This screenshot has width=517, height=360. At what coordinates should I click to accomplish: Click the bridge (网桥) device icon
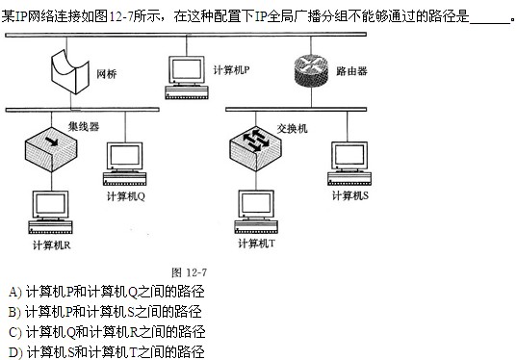pos(69,70)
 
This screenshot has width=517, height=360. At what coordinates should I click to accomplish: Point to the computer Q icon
pos(125,166)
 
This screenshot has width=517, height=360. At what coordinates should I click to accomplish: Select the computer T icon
pos(256,214)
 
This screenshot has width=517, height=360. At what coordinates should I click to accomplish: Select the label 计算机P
pos(231,70)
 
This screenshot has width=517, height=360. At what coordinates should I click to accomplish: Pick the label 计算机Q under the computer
pos(125,196)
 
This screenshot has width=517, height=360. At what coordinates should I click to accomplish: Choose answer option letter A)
pos(13,291)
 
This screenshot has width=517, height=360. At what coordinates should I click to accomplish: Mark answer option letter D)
pos(13,351)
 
